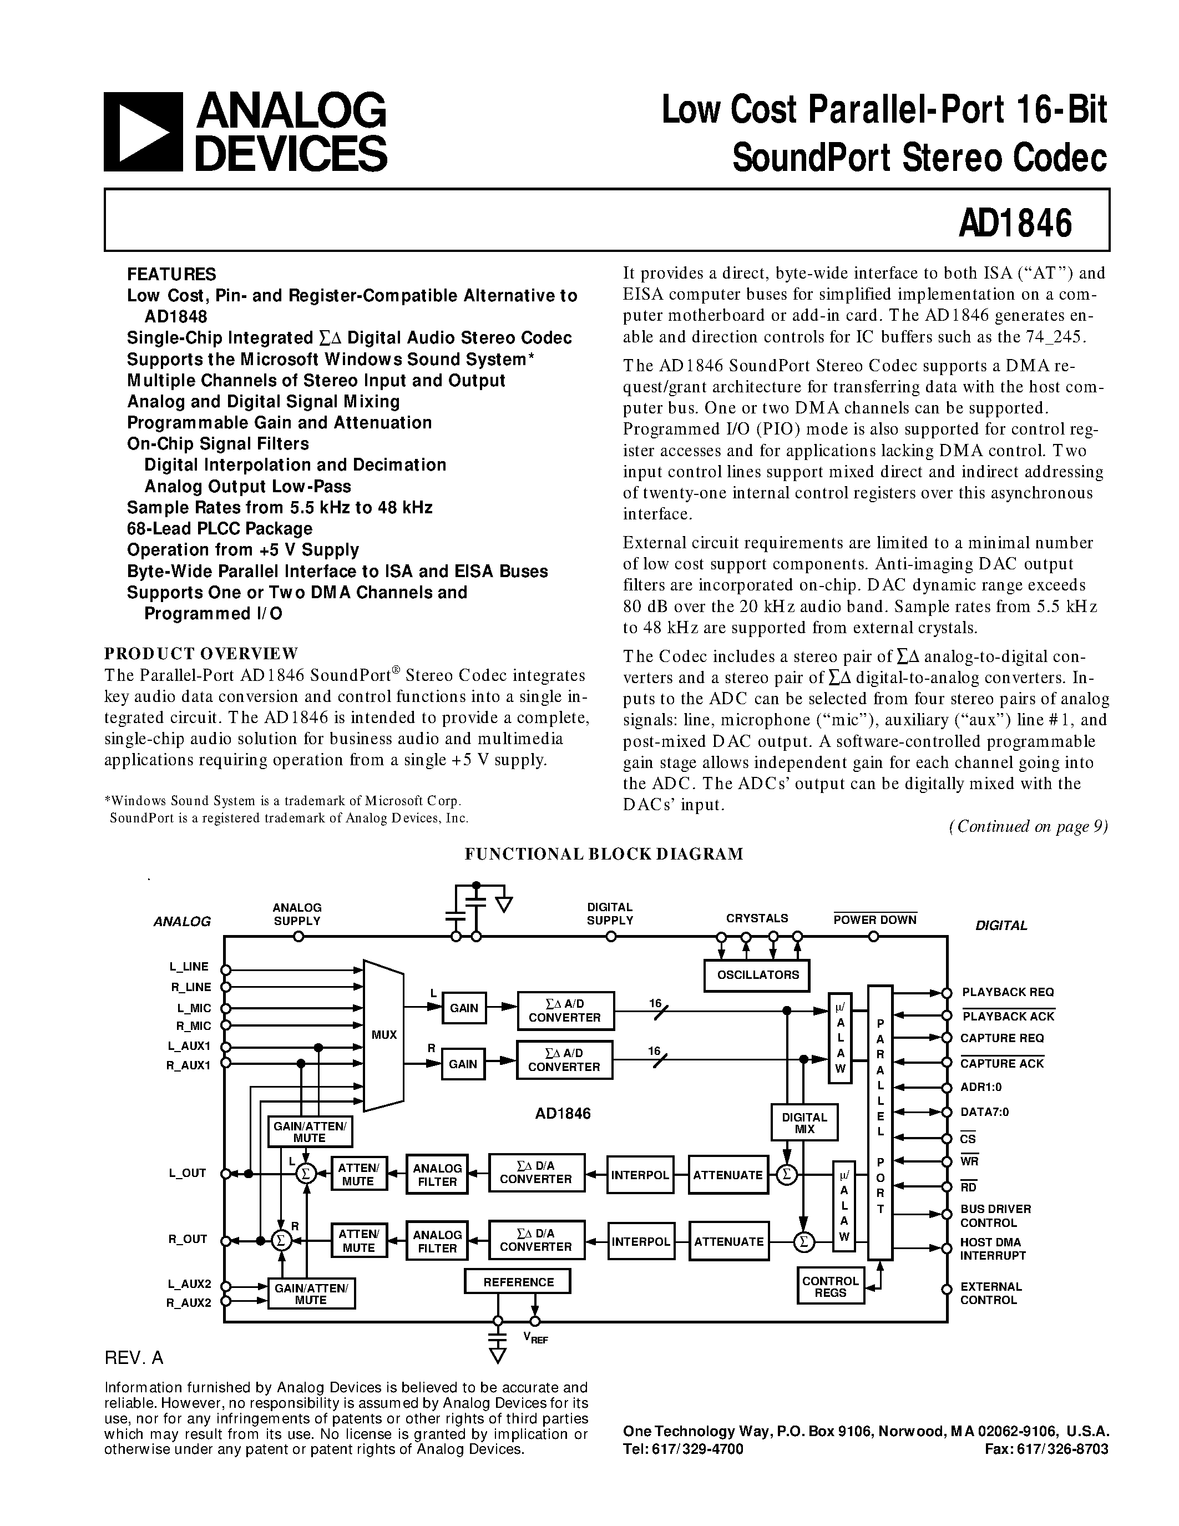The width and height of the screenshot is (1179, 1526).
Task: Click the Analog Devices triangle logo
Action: tap(143, 132)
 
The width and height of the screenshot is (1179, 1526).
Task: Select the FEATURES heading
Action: tap(171, 274)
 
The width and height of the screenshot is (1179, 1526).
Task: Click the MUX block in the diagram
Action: tap(383, 1035)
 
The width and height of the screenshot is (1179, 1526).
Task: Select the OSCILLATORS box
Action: tap(758, 975)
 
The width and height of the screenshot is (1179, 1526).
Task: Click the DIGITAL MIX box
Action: tap(804, 1122)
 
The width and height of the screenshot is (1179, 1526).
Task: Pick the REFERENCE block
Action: tap(518, 1282)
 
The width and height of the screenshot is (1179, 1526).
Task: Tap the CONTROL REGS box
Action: tap(830, 1286)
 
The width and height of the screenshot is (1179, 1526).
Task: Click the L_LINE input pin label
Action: tap(189, 967)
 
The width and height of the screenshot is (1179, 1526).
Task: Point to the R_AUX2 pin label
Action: tap(188, 1302)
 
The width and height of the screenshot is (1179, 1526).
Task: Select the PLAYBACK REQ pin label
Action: tap(1007, 992)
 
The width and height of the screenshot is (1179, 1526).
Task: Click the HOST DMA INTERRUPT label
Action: tap(993, 1249)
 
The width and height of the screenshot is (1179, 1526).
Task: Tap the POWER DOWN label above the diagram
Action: tap(874, 920)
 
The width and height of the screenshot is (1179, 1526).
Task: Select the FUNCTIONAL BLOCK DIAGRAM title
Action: tap(604, 854)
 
